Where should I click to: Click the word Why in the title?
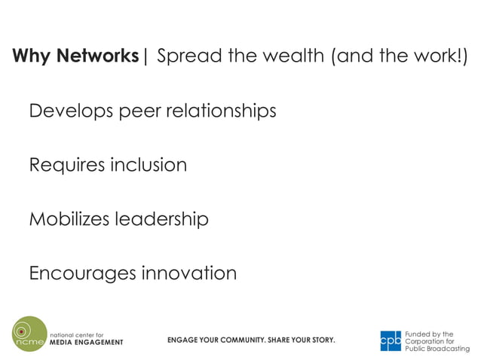(31, 56)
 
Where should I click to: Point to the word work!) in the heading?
(437, 56)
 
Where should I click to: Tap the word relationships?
(221, 111)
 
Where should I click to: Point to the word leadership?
(161, 219)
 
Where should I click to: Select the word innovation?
(189, 273)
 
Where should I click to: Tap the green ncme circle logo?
(29, 334)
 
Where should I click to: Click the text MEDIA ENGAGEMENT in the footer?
(86, 342)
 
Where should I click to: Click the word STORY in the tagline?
(320, 340)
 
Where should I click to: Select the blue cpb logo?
(391, 340)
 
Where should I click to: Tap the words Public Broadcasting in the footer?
(437, 349)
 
